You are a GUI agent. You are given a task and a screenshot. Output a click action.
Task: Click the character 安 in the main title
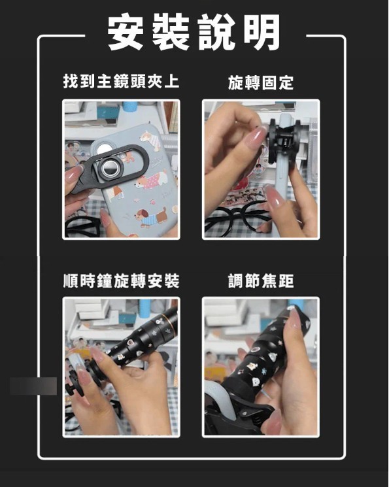[126, 32]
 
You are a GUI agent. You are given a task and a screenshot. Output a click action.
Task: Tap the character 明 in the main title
[262, 32]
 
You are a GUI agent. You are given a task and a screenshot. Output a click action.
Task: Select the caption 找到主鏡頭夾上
[121, 82]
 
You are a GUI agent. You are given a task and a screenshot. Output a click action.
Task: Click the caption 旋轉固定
[261, 82]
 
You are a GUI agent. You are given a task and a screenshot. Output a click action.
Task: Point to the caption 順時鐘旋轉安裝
[121, 281]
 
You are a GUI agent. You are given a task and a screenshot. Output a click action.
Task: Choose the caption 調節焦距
[261, 281]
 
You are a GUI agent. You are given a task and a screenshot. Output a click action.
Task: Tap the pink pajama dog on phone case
[150, 180]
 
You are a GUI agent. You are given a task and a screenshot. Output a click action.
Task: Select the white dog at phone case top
[150, 140]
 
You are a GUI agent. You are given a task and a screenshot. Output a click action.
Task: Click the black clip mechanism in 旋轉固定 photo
[284, 140]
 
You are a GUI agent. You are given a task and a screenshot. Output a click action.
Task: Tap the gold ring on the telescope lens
[171, 317]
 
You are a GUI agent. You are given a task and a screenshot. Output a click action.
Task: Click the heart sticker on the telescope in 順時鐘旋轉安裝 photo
[130, 342]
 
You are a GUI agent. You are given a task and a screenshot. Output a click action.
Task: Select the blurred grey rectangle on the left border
[33, 386]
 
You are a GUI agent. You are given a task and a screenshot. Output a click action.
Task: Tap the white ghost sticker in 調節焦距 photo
[256, 381]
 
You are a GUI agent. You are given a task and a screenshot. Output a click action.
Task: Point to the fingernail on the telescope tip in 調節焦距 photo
[294, 318]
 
